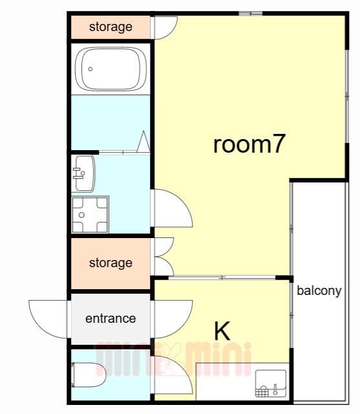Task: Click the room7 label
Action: pos(249,144)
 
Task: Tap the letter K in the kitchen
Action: pos(222,331)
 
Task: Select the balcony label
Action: pos(319,291)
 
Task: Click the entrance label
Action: pos(111,318)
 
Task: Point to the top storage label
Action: pos(111,27)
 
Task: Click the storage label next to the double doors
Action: pos(111,263)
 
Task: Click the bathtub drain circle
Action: pos(90,69)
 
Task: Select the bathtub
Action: pos(111,69)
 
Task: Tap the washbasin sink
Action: pos(83,173)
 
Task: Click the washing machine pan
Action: pos(90,215)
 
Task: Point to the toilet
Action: pos(89,375)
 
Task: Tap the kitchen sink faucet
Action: pos(275,389)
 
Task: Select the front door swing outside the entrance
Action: pos(48,319)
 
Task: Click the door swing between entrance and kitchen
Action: pos(173,319)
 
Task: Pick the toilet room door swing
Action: pos(173,375)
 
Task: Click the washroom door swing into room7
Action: pos(173,208)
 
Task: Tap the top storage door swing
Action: pos(165,28)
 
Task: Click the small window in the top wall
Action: pos(251,13)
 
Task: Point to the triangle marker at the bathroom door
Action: pos(143,142)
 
